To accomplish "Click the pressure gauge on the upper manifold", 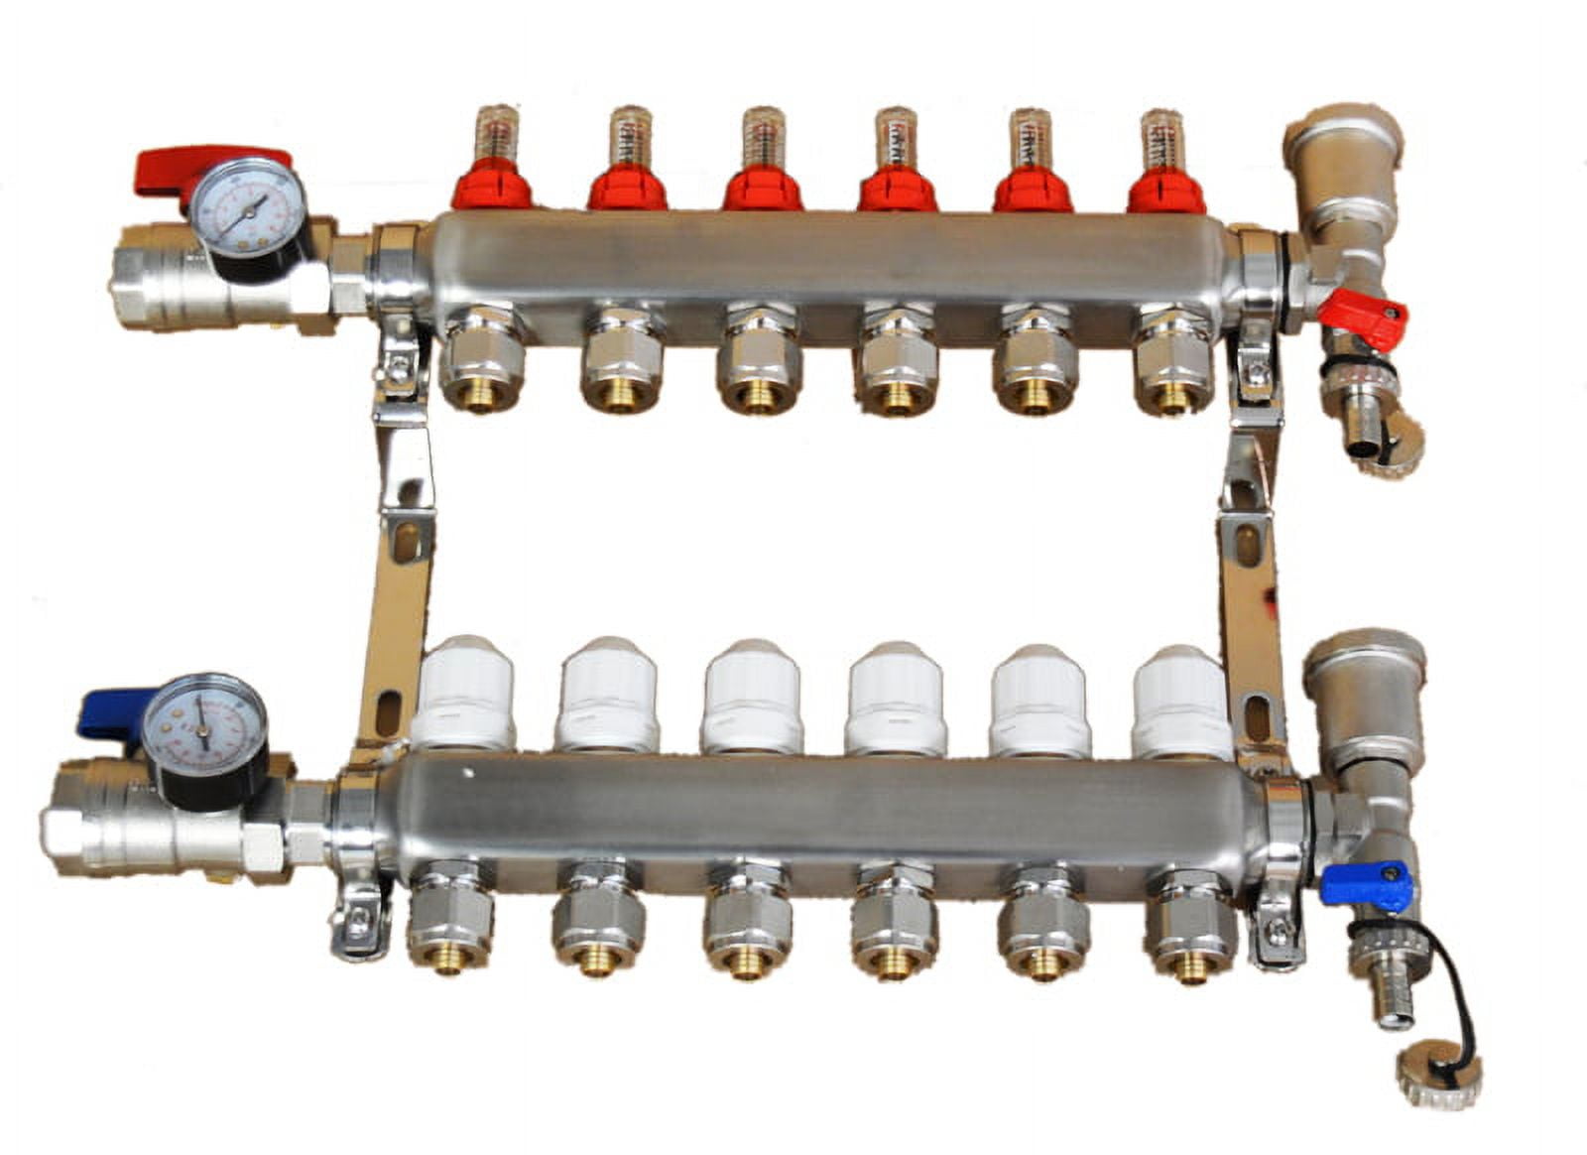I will [246, 205].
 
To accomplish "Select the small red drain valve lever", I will [1364, 311].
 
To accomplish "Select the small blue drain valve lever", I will [1365, 884].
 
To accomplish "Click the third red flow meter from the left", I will [760, 187].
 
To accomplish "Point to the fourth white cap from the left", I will [896, 698].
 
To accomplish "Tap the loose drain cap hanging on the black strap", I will [1438, 1076].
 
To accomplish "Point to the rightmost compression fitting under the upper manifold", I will [1173, 361].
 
